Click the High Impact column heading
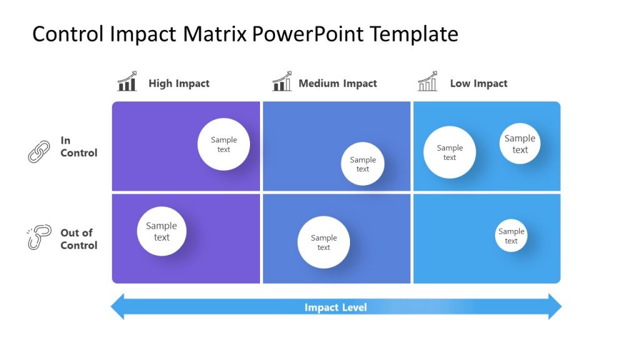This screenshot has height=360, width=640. (179, 83)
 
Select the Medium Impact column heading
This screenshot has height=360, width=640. (337, 83)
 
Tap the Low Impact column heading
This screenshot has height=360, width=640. (479, 83)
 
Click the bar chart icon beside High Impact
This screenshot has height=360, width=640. (127, 82)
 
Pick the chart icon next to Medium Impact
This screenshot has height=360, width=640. (282, 82)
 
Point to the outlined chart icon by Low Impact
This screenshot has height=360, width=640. (427, 82)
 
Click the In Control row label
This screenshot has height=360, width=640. (79, 147)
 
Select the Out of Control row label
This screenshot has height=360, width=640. (79, 239)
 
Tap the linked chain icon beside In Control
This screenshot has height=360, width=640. (39, 151)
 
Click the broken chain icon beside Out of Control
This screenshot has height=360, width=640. (39, 238)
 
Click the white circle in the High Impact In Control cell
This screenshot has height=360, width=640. (224, 144)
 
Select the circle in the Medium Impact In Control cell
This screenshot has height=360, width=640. (362, 164)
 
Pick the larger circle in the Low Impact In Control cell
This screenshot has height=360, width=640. (449, 152)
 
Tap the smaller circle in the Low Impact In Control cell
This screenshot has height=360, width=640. (520, 144)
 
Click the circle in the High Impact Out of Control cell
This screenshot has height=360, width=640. (161, 231)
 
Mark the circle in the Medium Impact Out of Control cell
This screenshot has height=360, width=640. (323, 242)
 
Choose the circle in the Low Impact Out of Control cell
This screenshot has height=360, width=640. (511, 236)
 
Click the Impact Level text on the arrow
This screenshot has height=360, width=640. (336, 307)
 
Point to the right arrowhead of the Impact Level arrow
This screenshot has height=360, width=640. (555, 307)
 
